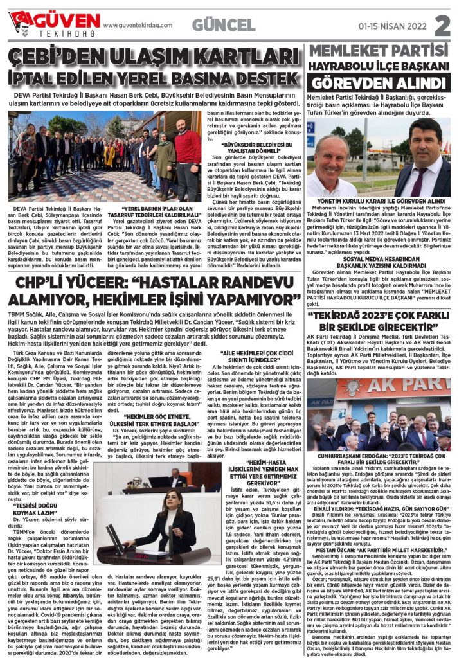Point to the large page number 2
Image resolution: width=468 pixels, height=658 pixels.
click(442, 25)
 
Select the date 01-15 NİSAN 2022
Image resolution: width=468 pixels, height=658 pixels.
click(392, 26)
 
